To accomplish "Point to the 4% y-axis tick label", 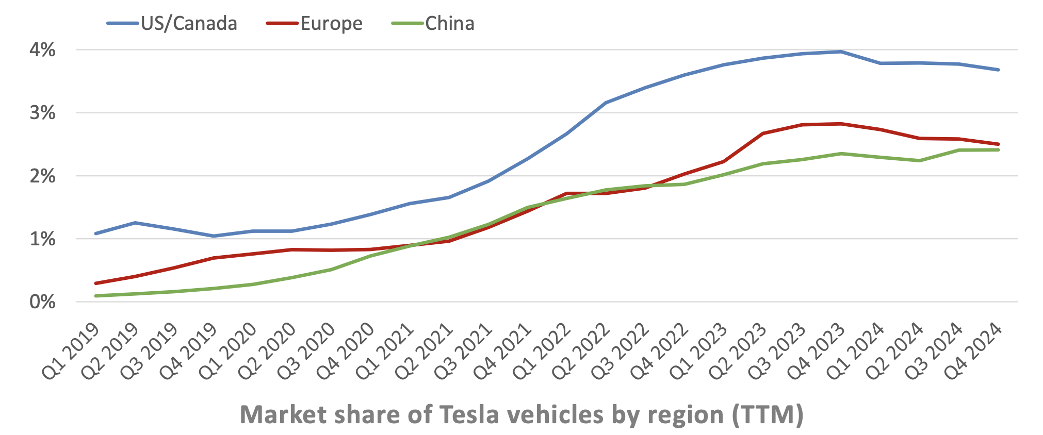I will pyautogui.click(x=42, y=50).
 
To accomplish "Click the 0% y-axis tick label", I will pyautogui.click(x=42, y=302).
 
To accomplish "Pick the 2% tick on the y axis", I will pyautogui.click(x=42, y=176).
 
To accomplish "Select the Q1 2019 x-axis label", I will pyautogui.click(x=71, y=352).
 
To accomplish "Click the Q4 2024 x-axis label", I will pyautogui.click(x=973, y=352).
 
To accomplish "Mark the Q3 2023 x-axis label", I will pyautogui.click(x=777, y=352).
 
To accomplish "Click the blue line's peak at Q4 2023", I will pyautogui.click(x=841, y=52).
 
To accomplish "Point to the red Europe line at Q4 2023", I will pyautogui.click(x=841, y=124).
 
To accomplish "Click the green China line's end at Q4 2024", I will pyautogui.click(x=998, y=150).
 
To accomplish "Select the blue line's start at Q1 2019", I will pyautogui.click(x=96, y=233).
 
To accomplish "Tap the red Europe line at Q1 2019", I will pyautogui.click(x=96, y=283).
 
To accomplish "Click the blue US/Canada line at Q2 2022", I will pyautogui.click(x=606, y=103).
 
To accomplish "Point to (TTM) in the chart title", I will pyautogui.click(x=768, y=414).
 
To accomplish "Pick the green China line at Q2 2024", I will pyautogui.click(x=920, y=161).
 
